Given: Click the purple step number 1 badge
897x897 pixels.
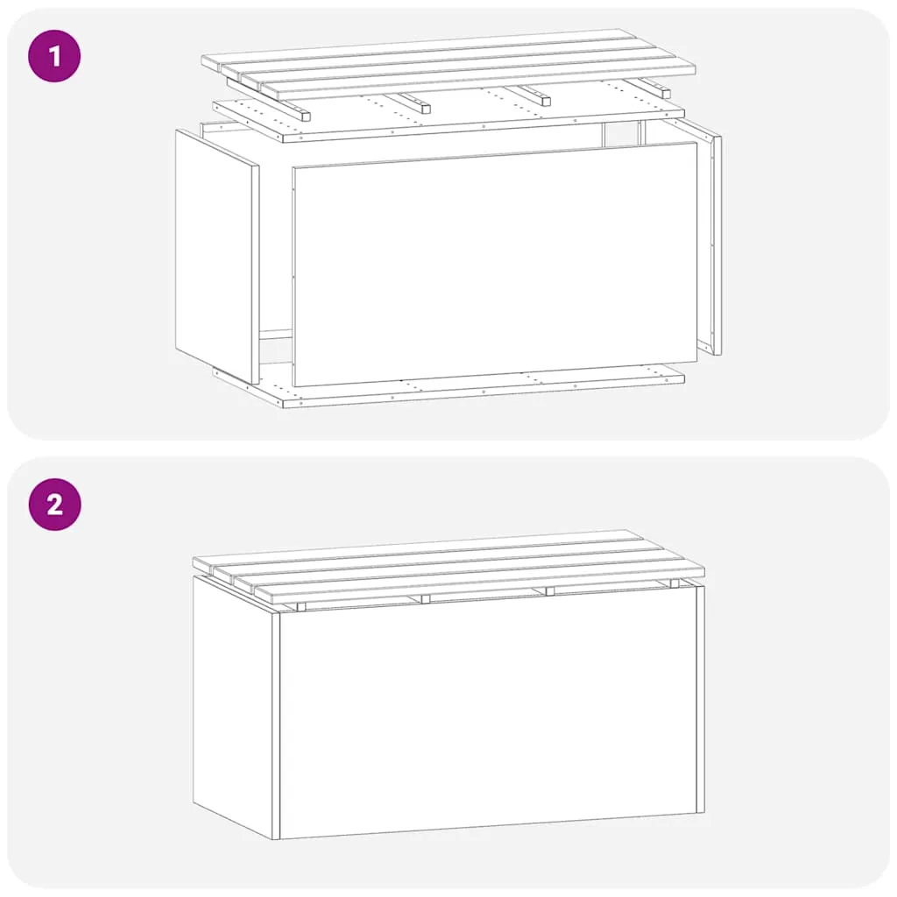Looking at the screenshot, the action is tap(55, 56).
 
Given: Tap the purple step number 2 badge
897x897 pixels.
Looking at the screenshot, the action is tap(55, 505).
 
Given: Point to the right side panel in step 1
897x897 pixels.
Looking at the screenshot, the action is tap(710, 240).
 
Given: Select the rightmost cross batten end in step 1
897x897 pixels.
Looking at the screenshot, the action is tap(664, 92).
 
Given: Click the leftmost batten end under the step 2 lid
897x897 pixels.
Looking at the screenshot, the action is tap(301, 607).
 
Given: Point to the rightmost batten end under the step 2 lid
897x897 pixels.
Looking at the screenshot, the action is tap(674, 583).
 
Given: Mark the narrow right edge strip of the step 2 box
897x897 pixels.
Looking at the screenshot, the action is tap(701, 699).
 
